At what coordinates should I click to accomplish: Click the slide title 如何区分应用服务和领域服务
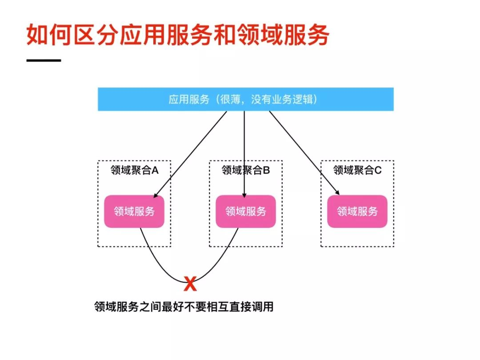177,35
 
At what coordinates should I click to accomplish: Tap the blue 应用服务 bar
245,99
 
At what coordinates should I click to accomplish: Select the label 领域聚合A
134,170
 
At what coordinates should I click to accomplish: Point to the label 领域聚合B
246,170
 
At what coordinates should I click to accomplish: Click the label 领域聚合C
357,170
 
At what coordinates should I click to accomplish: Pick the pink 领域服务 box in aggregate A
134,211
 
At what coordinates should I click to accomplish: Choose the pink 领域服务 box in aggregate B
246,211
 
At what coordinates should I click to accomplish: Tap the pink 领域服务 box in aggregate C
357,211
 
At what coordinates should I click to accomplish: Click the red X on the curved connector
190,284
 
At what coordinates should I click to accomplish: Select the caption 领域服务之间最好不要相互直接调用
183,307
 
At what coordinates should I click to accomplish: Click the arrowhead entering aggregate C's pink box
338,193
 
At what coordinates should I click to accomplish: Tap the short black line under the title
44,60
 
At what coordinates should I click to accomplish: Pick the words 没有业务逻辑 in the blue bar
283,99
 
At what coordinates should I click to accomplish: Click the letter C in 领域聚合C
378,170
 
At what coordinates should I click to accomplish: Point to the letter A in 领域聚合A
155,170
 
